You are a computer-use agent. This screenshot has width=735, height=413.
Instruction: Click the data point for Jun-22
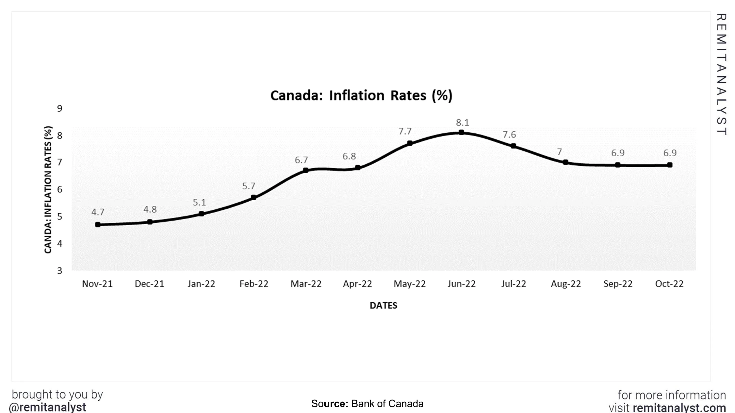[461, 132]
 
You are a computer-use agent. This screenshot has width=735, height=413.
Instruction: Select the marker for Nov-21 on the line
[98, 225]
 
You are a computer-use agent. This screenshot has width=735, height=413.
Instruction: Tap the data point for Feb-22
[253, 197]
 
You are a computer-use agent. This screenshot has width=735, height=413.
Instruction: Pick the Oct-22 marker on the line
[670, 165]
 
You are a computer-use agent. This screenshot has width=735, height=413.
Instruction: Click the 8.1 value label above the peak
[463, 123]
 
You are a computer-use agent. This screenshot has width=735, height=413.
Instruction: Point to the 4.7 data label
[98, 212]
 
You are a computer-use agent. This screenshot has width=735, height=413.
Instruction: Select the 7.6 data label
[509, 134]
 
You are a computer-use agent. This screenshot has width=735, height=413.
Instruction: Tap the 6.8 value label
[349, 156]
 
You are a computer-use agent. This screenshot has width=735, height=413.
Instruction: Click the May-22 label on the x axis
[409, 284]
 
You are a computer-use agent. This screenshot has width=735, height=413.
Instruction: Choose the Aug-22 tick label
[565, 284]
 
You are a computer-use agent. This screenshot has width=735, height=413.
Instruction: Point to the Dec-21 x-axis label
[149, 284]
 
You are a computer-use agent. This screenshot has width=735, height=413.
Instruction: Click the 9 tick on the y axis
[60, 109]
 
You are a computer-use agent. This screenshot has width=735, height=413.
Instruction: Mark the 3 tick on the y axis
[60, 271]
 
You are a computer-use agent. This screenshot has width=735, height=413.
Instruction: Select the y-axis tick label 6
[60, 190]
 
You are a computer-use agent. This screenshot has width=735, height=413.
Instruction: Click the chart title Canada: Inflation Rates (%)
[361, 95]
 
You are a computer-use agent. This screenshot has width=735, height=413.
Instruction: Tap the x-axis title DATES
[383, 306]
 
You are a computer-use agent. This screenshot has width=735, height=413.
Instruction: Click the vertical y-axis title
[48, 190]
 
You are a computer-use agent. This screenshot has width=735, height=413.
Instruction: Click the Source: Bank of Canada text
[367, 404]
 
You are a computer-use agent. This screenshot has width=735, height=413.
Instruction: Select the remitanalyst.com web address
[679, 408]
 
